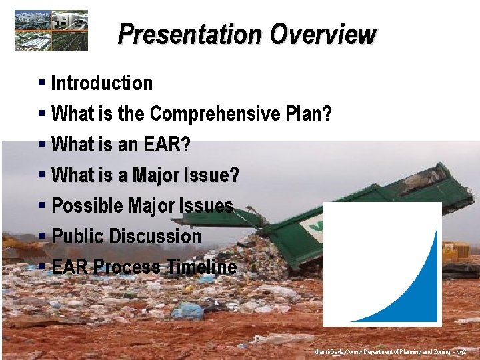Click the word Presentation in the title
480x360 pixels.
pos(190,35)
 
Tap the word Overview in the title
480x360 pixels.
pos(323,35)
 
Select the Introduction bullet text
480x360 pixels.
pos(102,83)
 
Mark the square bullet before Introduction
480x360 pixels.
pos(41,83)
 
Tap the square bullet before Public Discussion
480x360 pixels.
pos(41,237)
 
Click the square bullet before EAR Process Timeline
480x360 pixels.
pos(41,267)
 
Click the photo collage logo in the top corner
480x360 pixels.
pos(51,31)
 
